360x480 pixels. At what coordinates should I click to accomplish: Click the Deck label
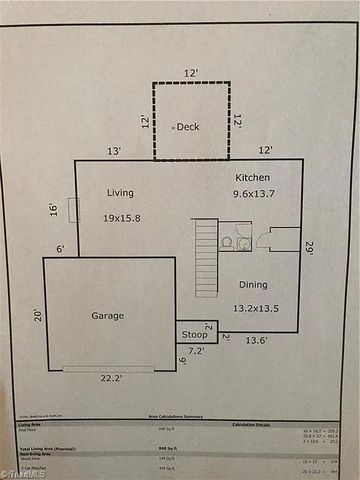(x=188, y=127)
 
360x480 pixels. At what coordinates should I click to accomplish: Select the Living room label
(x=119, y=192)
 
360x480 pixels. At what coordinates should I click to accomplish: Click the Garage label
(x=108, y=315)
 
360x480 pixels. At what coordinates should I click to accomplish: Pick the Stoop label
(x=194, y=335)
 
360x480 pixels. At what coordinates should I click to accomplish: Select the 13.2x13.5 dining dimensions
(x=256, y=309)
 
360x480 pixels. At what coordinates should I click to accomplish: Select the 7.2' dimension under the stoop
(x=197, y=352)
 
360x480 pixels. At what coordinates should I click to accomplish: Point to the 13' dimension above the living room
(x=114, y=151)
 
